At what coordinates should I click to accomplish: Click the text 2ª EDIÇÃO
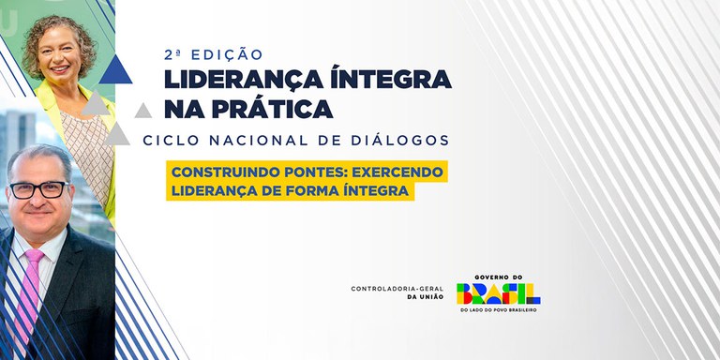click(213, 54)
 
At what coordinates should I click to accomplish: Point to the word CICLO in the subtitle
click(172, 140)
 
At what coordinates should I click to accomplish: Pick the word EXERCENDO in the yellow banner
click(397, 173)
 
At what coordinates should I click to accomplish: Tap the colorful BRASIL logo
click(498, 293)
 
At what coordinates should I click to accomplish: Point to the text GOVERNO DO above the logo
click(498, 277)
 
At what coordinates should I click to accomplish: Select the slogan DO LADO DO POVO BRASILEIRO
click(498, 310)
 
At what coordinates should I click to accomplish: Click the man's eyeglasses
click(38, 189)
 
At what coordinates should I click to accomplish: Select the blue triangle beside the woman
click(112, 69)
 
